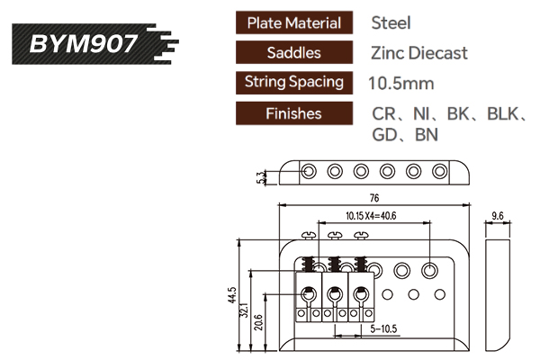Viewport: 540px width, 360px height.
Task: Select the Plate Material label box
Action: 293,22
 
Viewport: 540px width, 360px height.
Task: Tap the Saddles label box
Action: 293,52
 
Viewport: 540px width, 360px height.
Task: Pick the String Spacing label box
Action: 293,82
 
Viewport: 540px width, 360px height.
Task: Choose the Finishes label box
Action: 293,113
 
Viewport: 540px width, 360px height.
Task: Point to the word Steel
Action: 391,22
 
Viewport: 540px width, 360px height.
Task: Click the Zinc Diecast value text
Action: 418,52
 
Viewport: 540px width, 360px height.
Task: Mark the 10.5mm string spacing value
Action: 401,83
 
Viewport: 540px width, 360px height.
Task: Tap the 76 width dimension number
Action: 373,197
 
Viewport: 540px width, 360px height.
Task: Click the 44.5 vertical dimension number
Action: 231,295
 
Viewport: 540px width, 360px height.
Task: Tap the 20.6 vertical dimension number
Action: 259,319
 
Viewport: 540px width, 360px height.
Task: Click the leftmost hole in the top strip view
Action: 308,170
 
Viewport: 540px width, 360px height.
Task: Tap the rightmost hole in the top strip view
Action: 440,170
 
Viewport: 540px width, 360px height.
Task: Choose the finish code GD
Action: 384,136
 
